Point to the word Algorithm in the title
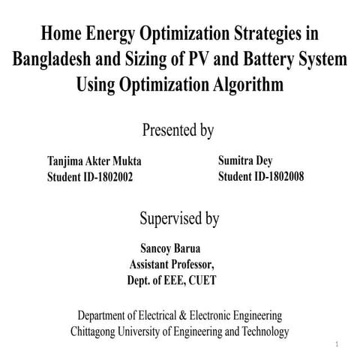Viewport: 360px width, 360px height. (x=241, y=84)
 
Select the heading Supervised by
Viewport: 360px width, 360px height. (x=179, y=219)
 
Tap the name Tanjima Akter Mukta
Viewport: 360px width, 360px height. (x=94, y=161)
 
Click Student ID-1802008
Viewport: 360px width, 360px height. (x=260, y=176)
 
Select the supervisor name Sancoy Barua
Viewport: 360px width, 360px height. (x=171, y=248)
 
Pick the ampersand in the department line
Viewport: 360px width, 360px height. (x=191, y=315)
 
